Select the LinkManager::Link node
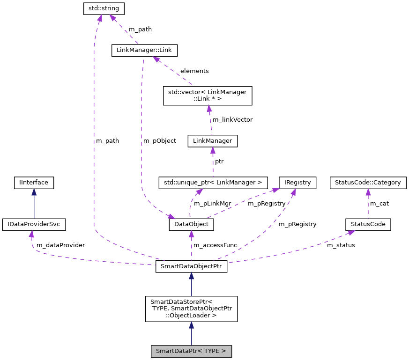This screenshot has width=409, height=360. (x=145, y=50)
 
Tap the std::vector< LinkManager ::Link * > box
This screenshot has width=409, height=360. (x=207, y=96)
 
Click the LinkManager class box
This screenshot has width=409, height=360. (x=212, y=141)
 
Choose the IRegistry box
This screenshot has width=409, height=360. (x=297, y=183)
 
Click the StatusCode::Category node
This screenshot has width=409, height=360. (x=368, y=183)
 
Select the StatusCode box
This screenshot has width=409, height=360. (x=368, y=224)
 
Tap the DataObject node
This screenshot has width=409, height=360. (x=191, y=225)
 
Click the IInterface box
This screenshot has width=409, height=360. (x=34, y=183)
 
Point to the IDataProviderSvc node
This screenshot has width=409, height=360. (x=34, y=224)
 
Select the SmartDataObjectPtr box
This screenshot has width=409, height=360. (x=191, y=267)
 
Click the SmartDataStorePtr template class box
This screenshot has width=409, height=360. (x=191, y=309)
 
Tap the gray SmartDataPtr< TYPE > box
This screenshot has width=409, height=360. (x=191, y=351)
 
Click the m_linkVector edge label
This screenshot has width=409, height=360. (x=232, y=119)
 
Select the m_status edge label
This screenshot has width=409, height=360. (x=341, y=245)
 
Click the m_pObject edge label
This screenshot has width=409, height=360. (x=160, y=140)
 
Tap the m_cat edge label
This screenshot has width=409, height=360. (x=380, y=204)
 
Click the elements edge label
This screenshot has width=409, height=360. (x=194, y=71)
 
